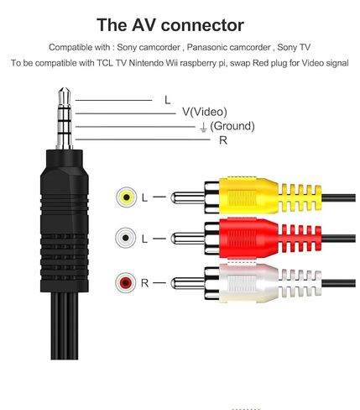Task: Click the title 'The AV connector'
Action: (170, 25)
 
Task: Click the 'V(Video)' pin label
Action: (205, 112)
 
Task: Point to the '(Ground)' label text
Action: (232, 126)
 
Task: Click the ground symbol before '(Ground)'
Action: (203, 127)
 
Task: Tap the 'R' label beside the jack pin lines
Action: (223, 140)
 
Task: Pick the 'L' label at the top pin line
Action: (167, 100)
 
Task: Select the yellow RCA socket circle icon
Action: (127, 197)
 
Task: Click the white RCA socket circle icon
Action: (126, 238)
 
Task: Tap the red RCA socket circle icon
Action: (126, 282)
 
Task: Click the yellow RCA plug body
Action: (249, 195)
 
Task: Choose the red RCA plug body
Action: (249, 238)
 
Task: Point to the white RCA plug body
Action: (249, 283)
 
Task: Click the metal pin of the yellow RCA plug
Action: (188, 198)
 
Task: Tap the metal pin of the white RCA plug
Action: (188, 283)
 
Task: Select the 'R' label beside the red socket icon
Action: (144, 283)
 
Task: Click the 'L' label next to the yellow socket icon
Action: (144, 197)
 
